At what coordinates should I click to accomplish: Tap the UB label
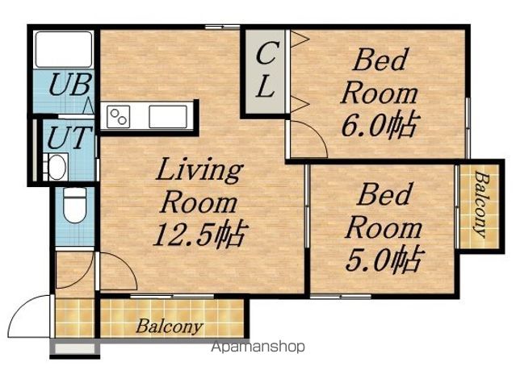coord(69,85)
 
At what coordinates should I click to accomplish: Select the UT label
coord(69,137)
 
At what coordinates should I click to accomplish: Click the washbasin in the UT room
coord(57,167)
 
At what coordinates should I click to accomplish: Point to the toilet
coord(75,205)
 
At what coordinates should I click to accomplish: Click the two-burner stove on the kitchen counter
coord(118,117)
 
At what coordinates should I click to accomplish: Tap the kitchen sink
coord(168,117)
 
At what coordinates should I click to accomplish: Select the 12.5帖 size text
coord(199,234)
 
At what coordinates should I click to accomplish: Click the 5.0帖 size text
coord(384,259)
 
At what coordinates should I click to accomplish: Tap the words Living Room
coord(199,185)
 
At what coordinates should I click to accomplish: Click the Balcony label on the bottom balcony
coord(169,327)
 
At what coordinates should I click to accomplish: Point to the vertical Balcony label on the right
coord(480,205)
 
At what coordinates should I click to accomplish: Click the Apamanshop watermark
coord(258,347)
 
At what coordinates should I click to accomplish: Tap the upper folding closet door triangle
coord(300,40)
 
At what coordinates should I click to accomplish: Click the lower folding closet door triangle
coord(300,105)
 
